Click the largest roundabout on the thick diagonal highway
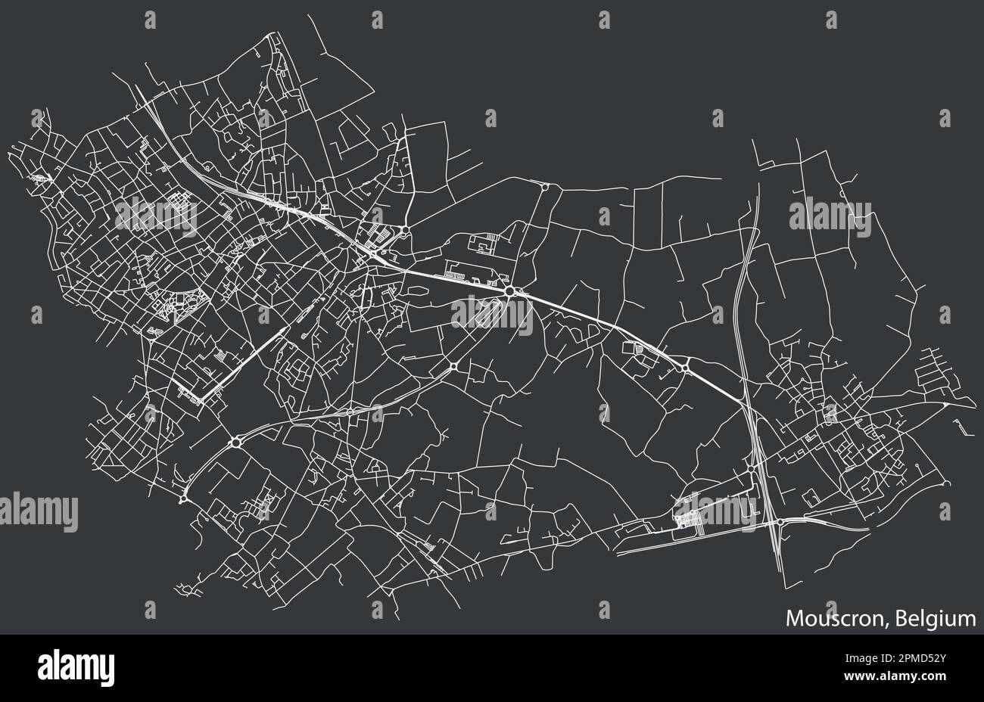click(510, 290)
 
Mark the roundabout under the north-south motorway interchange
click(780, 522)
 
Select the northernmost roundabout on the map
click(545, 186)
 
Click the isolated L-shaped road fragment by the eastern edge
click(960, 427)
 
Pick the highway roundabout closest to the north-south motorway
click(684, 368)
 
